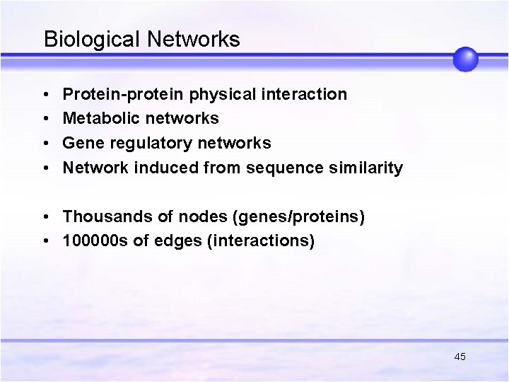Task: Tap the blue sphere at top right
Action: click(x=465, y=59)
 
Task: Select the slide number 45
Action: click(x=460, y=357)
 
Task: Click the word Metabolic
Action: click(x=98, y=118)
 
